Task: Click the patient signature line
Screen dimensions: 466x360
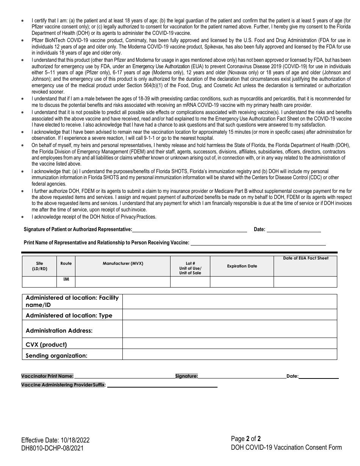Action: coord(189,230)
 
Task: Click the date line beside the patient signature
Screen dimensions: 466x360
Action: coord(293,230)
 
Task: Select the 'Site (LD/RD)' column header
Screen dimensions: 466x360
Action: coord(39,266)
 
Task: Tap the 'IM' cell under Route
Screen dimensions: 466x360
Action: coord(66,279)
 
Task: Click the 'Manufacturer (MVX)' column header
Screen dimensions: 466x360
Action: coord(123,263)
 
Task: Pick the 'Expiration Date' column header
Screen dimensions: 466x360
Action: coord(242,266)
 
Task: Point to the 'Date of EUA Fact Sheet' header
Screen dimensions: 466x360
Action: coord(305,258)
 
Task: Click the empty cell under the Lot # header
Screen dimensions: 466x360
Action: coord(190,282)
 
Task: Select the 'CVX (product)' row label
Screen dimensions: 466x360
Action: coord(46,344)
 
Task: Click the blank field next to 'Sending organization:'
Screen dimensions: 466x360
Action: coord(230,355)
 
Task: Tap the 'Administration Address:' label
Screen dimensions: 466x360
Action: coord(59,330)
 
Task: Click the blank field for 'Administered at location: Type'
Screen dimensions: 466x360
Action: coord(230,315)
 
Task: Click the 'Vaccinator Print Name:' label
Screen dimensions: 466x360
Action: coord(47,376)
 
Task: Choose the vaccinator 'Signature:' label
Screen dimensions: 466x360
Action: coord(186,376)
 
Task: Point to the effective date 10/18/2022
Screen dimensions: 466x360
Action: coord(55,440)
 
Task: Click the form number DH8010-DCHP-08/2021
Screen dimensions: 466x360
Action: coord(52,448)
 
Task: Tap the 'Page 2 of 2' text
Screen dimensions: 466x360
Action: coord(246,439)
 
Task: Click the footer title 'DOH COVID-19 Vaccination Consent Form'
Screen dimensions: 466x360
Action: coord(286,447)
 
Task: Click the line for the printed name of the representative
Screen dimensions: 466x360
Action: coord(258,243)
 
